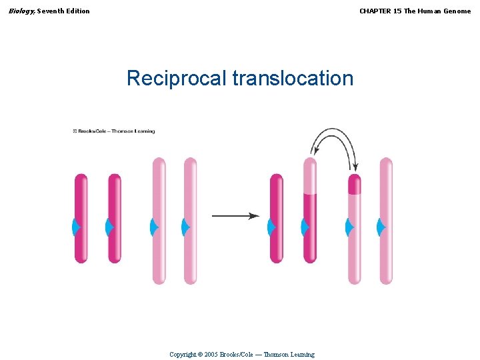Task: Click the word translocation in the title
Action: (293, 79)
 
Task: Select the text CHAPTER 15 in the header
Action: (377, 11)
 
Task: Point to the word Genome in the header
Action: (455, 11)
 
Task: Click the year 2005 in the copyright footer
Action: (212, 355)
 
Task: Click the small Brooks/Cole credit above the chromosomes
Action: (114, 131)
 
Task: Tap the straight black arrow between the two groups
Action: (235, 216)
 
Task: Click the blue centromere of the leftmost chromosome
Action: (76, 228)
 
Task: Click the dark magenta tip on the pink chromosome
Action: (355, 183)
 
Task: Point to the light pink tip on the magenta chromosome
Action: (310, 175)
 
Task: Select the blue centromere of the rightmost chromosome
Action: (381, 228)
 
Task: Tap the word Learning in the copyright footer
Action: (300, 355)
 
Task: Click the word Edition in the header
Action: (77, 11)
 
